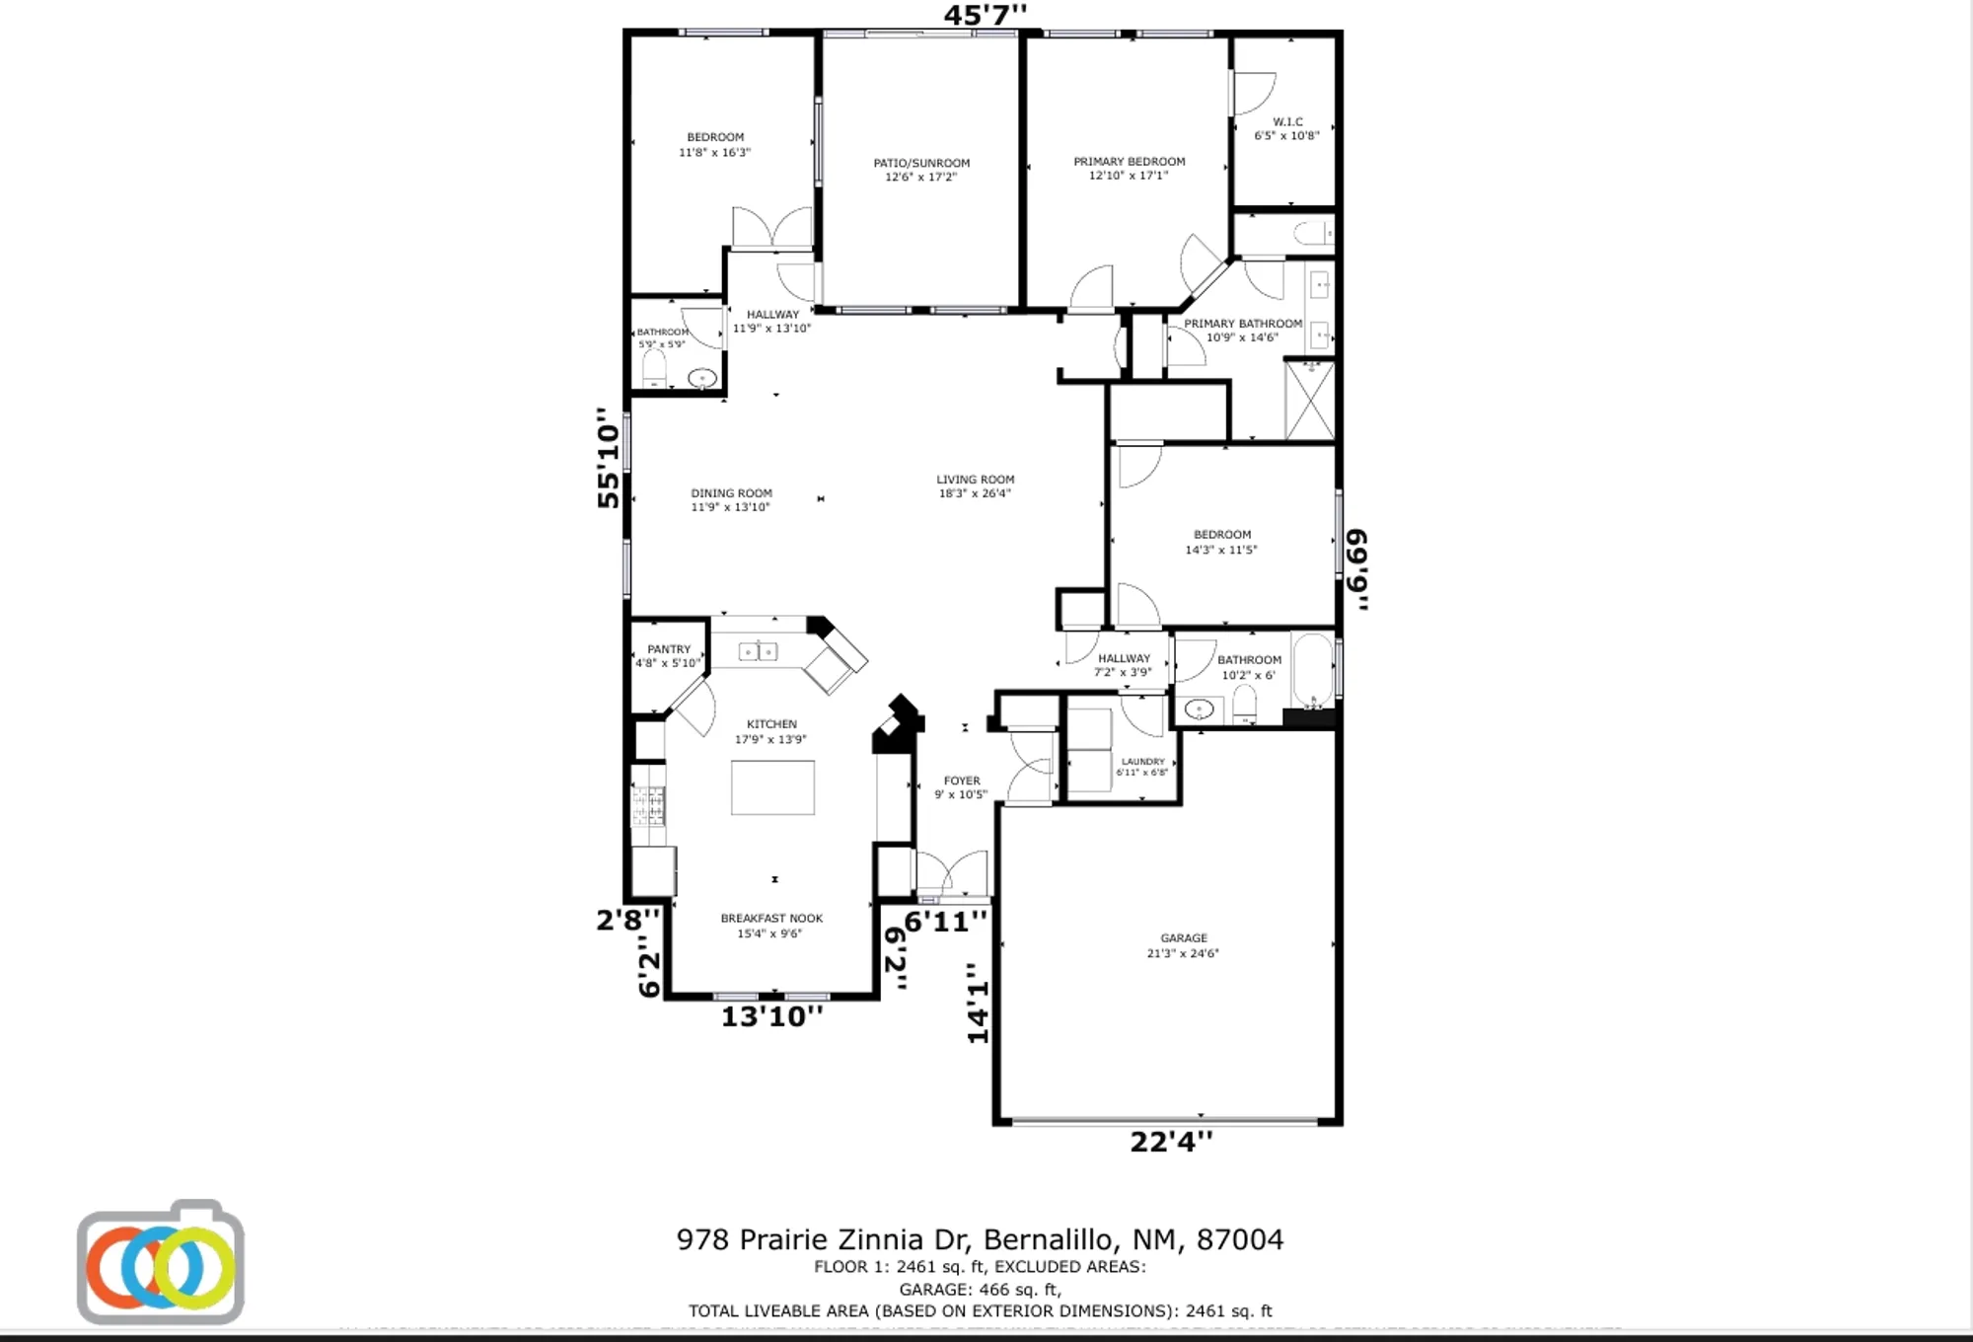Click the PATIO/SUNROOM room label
tap(920, 170)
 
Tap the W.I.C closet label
tap(1286, 128)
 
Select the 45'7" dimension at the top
tap(985, 15)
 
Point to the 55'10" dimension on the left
tap(609, 459)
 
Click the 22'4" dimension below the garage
tap(1171, 1142)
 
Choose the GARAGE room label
tap(1183, 945)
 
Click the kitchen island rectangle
tap(772, 787)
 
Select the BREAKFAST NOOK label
tap(770, 925)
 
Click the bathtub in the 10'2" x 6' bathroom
tap(1312, 670)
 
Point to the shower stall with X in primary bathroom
tap(1310, 401)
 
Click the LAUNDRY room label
tap(1142, 767)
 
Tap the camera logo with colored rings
tap(161, 1263)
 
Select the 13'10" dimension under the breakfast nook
tap(771, 1016)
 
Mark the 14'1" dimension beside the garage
tap(977, 1004)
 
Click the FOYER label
tap(961, 786)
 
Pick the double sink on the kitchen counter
tap(758, 651)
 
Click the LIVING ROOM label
tap(975, 485)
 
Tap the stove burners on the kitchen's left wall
tap(648, 804)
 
